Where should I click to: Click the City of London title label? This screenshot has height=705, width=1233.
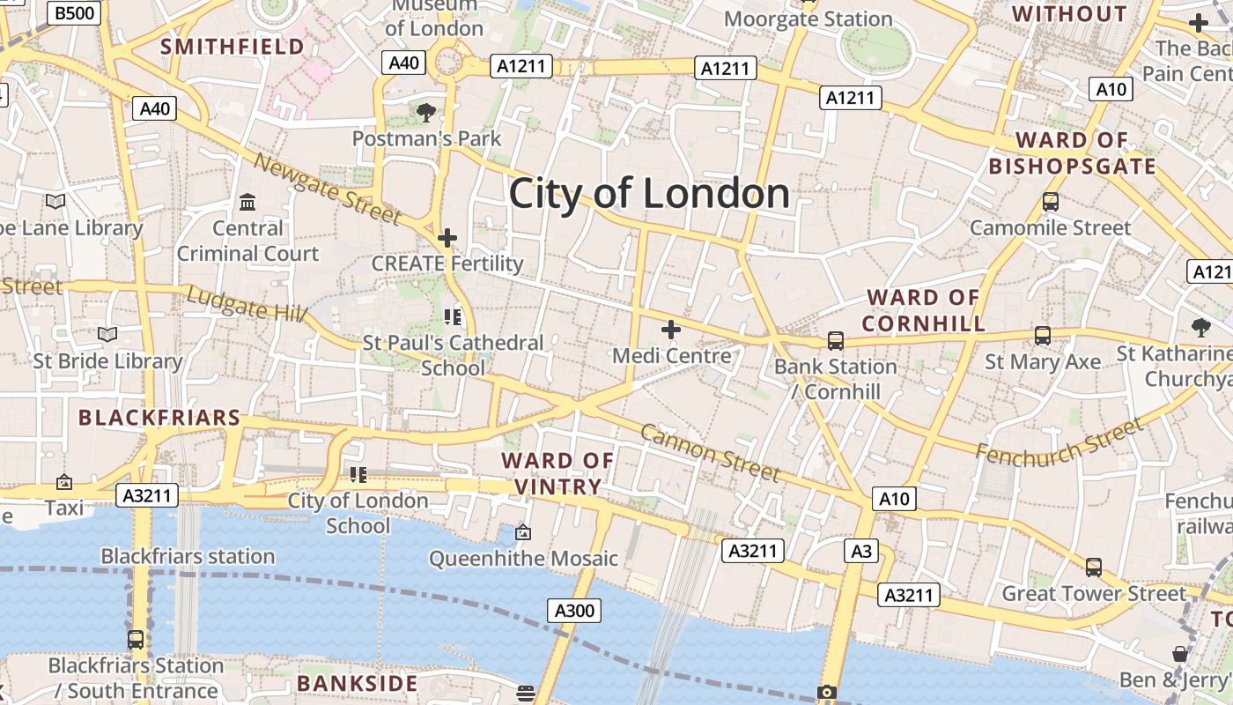(x=649, y=194)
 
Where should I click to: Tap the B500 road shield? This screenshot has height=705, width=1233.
(x=76, y=12)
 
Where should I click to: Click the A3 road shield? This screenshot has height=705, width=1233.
(x=861, y=552)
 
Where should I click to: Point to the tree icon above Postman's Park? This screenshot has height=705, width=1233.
(x=426, y=112)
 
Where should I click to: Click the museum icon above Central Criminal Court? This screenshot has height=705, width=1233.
(x=247, y=203)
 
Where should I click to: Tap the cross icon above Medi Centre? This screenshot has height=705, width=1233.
(x=671, y=330)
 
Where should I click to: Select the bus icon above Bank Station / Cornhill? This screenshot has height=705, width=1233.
(x=835, y=340)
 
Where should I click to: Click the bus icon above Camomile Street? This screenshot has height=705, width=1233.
(x=1050, y=202)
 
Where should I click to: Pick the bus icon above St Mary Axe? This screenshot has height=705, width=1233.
(x=1043, y=336)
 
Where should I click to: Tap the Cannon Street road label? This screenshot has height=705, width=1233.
(x=710, y=453)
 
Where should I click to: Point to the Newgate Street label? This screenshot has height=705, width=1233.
(x=328, y=188)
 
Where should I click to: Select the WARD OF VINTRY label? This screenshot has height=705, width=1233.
(x=557, y=473)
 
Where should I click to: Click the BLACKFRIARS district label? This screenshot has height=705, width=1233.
(x=159, y=418)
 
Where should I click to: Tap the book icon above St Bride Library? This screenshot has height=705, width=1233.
(x=107, y=335)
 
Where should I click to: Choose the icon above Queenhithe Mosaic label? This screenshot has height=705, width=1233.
(x=523, y=532)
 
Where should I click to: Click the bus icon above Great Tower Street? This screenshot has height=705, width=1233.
(x=1093, y=568)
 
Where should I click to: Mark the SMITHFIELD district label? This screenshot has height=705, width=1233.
(x=233, y=47)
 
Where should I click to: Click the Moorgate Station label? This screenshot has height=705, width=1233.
(x=808, y=19)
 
